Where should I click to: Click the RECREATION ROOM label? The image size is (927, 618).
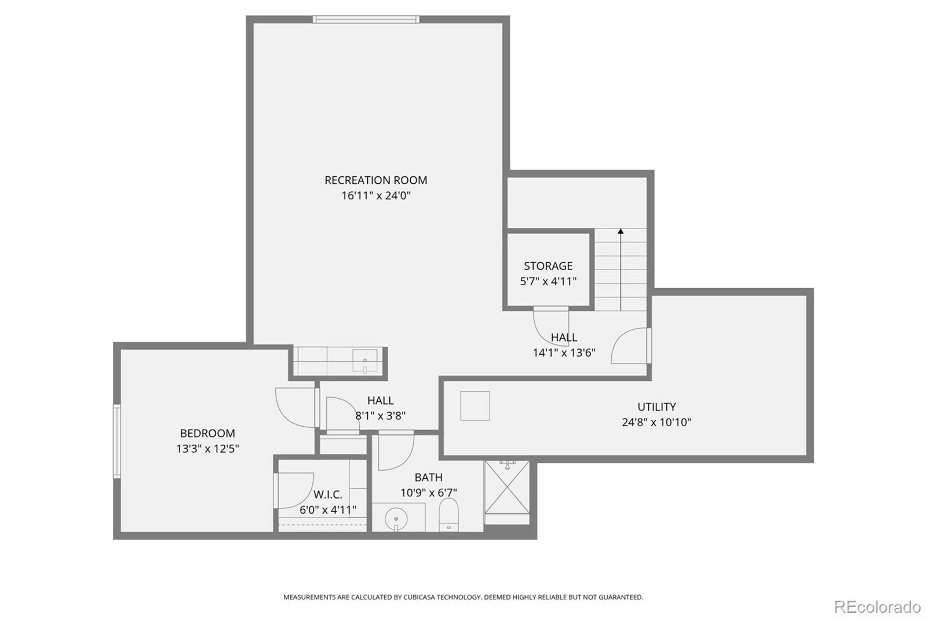point(375,180)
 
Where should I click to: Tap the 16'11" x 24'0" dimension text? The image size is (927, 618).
point(375,195)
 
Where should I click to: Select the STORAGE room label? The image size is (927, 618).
point(548,266)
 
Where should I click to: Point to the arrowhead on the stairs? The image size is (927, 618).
point(621,231)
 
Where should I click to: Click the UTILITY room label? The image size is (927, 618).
point(656,407)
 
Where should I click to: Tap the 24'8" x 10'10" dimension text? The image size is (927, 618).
point(656,422)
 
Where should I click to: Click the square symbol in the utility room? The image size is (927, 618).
point(475,406)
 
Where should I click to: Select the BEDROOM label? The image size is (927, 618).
point(207,433)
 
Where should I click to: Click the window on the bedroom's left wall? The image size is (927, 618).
point(117,441)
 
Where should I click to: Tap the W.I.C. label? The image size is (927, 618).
point(328,495)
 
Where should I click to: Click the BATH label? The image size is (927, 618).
point(428,477)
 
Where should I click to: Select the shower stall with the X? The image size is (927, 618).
point(507,487)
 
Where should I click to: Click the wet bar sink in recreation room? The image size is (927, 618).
point(364,360)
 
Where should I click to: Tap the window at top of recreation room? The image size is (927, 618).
point(366,19)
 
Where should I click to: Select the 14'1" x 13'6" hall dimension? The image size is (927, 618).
point(564,352)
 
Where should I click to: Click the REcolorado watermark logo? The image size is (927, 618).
point(877,606)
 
